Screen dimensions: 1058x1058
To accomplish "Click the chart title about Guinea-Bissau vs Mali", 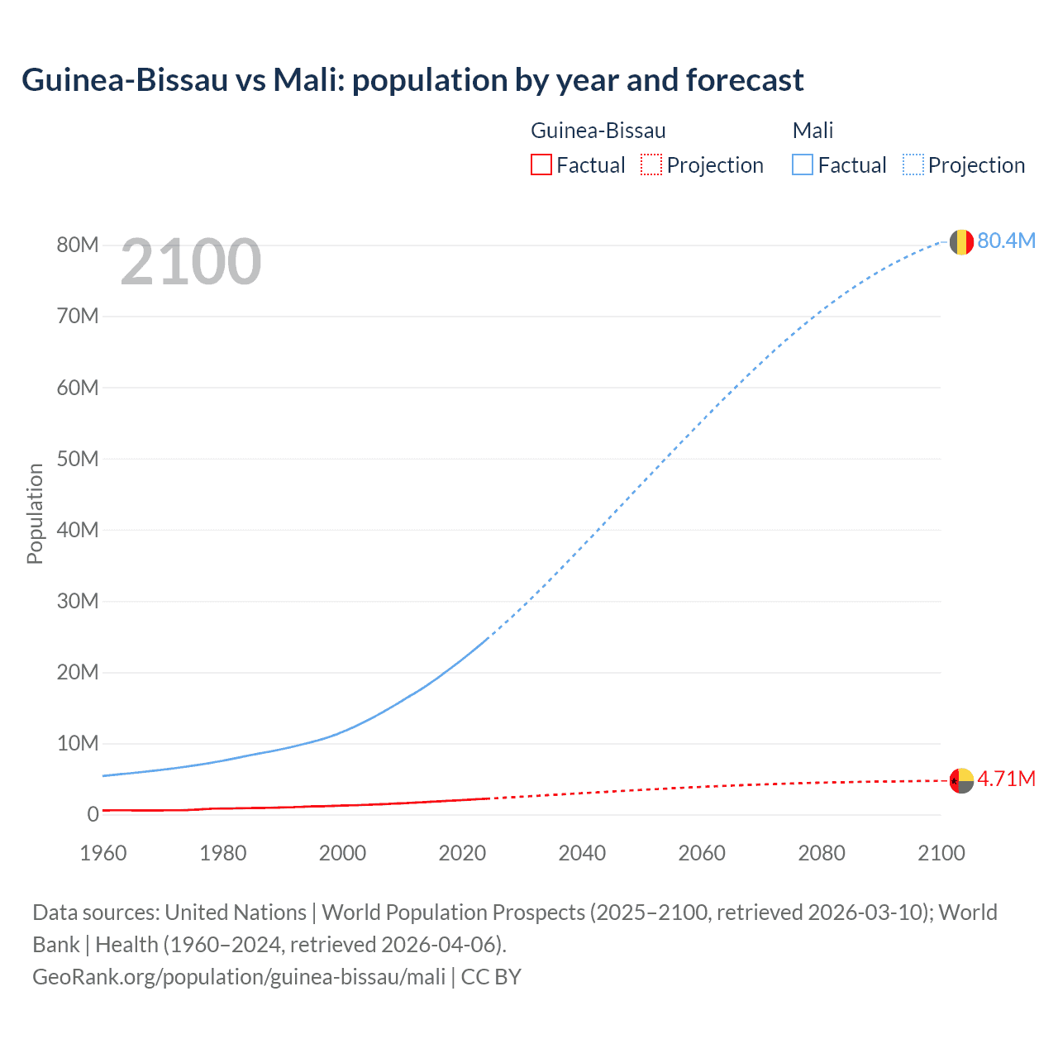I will tap(412, 80).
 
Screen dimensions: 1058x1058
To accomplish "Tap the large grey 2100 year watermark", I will tap(191, 262).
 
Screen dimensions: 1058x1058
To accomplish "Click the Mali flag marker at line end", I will tap(961, 242).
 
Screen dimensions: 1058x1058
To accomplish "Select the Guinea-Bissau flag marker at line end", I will tap(961, 780).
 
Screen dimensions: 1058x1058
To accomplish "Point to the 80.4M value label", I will tap(1006, 241).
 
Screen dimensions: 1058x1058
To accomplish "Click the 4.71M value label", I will tap(1006, 779).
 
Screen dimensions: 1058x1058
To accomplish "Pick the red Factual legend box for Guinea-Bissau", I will tap(541, 165).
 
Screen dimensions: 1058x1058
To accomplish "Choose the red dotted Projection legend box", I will tap(651, 165).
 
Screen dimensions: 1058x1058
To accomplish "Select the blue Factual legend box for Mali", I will tap(803, 165).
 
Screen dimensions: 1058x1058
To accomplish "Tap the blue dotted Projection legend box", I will tap(913, 165).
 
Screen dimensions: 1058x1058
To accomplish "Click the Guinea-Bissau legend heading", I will tap(598, 131).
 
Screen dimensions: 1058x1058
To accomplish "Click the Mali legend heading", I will tap(813, 131).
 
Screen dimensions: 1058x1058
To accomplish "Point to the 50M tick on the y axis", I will tap(78, 459).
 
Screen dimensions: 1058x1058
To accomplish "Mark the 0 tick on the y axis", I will tap(93, 814).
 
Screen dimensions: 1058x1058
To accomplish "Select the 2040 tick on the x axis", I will tap(582, 853).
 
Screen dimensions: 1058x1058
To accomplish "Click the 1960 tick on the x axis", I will tap(103, 853).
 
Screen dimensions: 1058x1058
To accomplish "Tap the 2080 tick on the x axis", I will tap(822, 853).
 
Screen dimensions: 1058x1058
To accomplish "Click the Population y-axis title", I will tap(35, 513).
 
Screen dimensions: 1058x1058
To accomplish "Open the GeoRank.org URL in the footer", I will tap(239, 977).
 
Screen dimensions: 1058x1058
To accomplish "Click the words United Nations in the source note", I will tap(236, 913).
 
